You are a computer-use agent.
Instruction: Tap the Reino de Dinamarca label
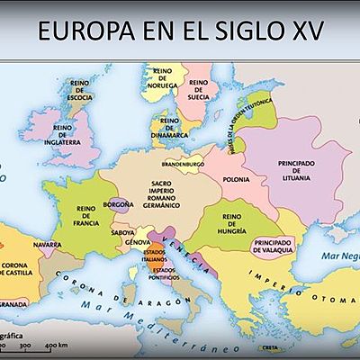tap(173, 127)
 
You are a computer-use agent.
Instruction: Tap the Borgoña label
tap(118, 205)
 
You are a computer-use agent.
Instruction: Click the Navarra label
tap(47, 244)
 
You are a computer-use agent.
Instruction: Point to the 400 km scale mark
tap(57, 346)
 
